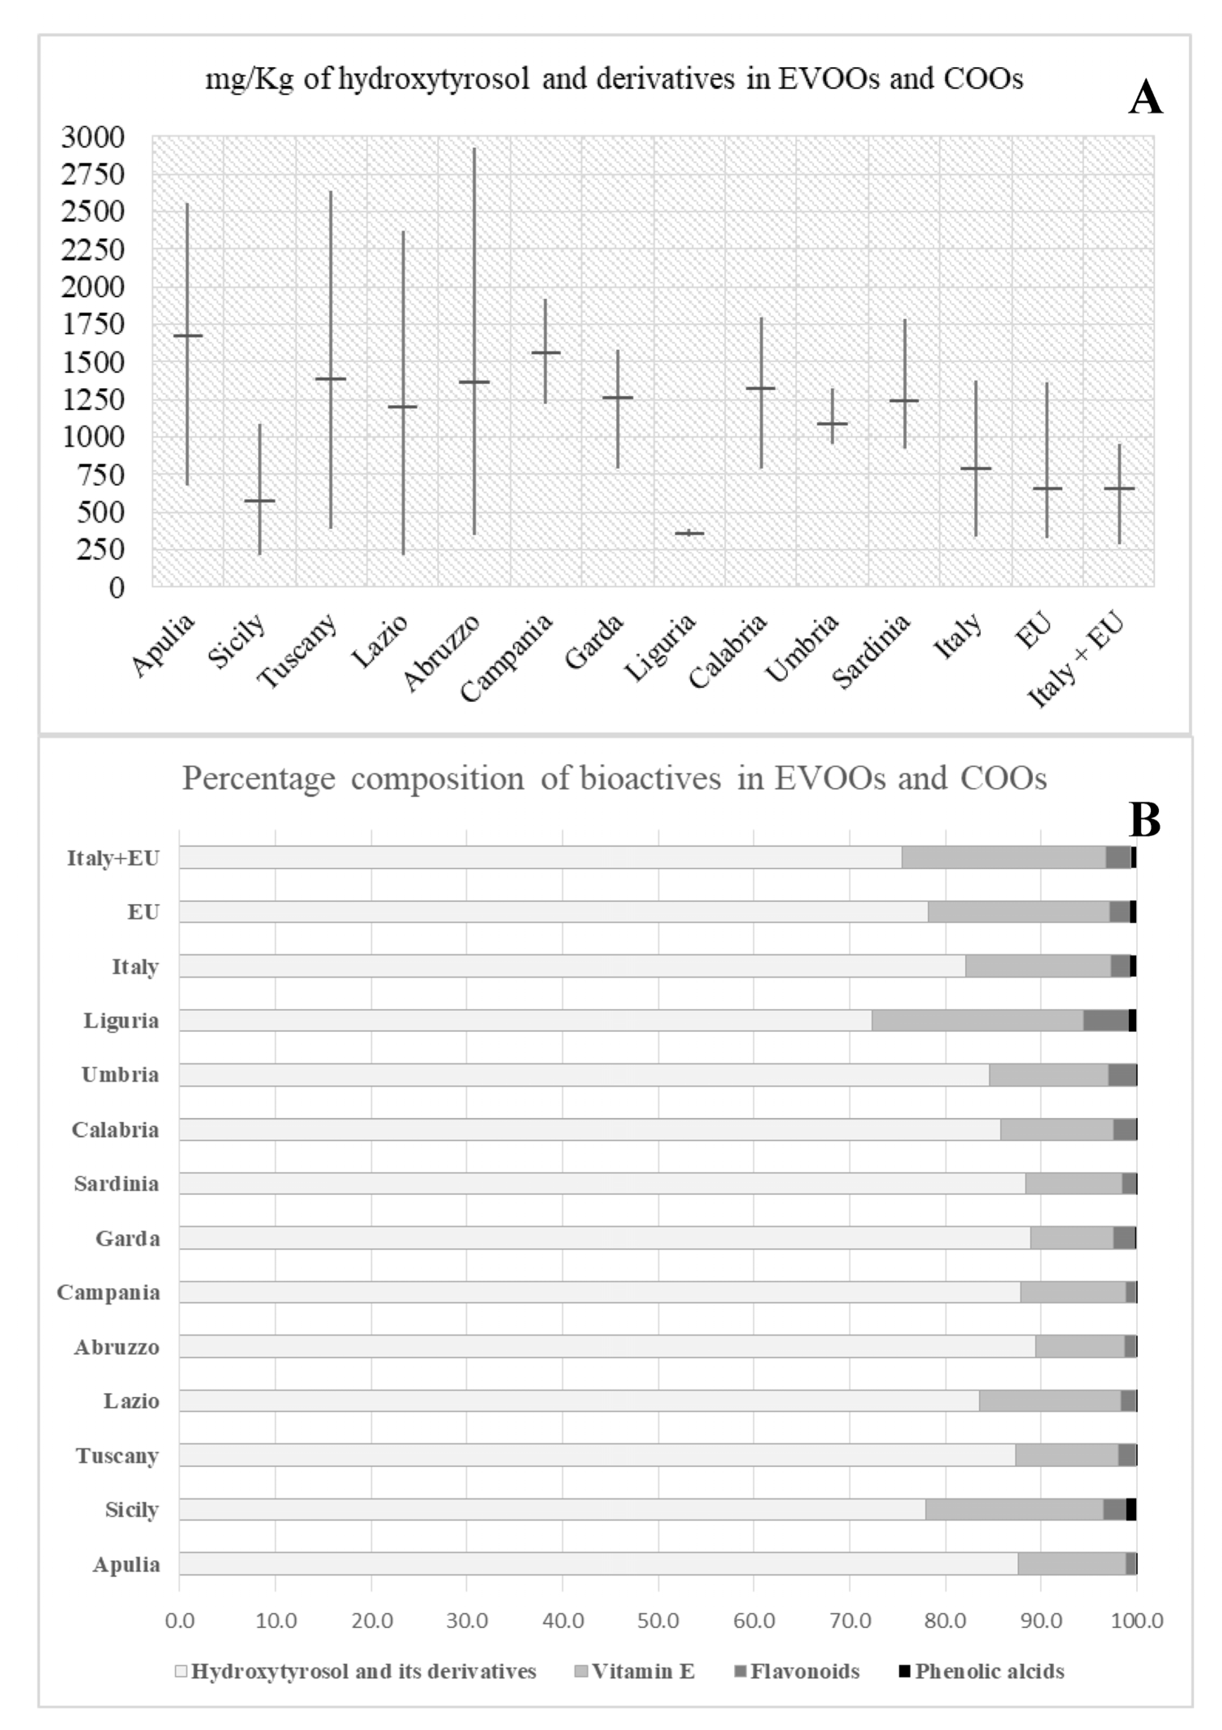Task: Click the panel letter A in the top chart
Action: click(1144, 98)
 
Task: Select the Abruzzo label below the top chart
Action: click(442, 652)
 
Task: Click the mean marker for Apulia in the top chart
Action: click(188, 335)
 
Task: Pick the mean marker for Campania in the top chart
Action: click(545, 352)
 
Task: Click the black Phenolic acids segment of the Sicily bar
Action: click(1131, 1509)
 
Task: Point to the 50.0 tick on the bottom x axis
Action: click(658, 1620)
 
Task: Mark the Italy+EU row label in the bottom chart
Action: click(113, 858)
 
